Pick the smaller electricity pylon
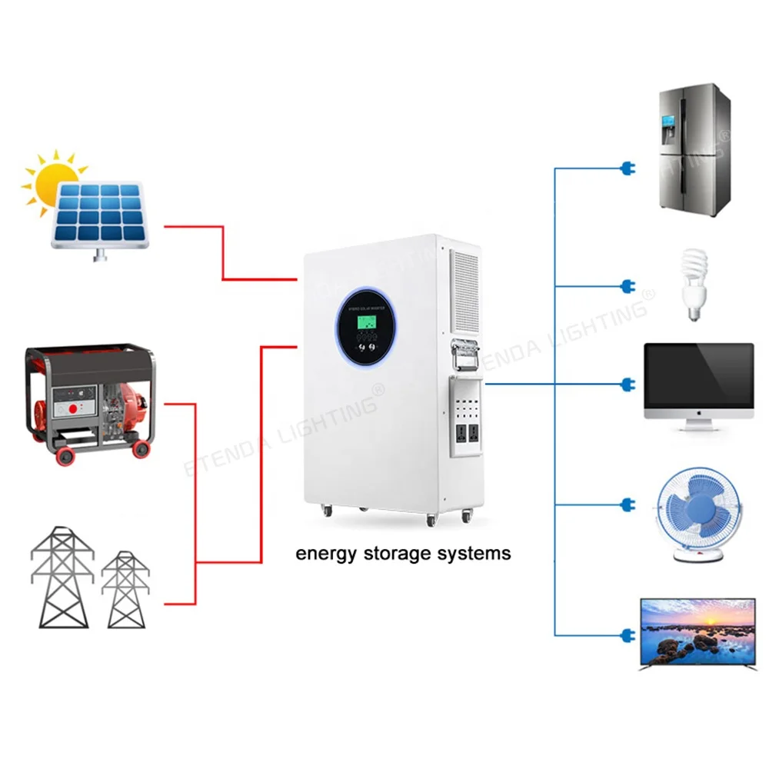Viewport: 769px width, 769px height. click(125, 588)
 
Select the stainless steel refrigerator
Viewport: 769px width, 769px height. click(694, 149)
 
